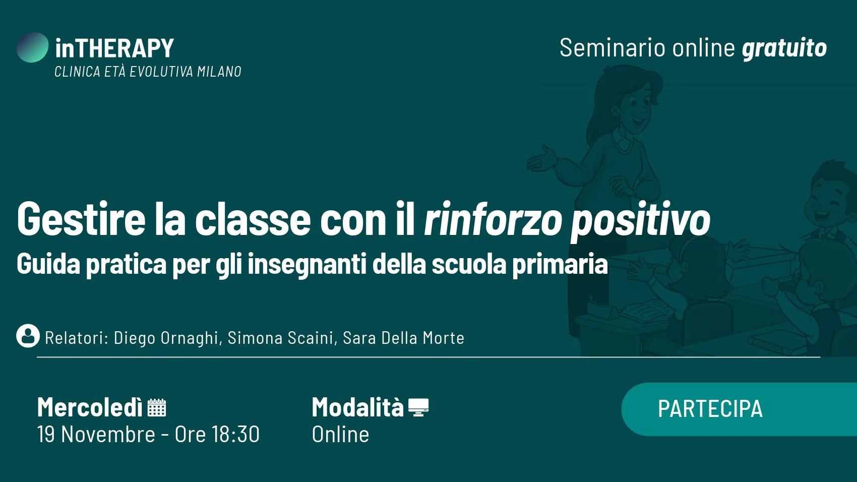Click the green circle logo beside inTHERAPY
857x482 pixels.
(33, 47)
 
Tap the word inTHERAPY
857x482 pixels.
(114, 48)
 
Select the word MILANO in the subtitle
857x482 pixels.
(219, 72)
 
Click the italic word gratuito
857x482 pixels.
(784, 48)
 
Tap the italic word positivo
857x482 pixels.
(640, 221)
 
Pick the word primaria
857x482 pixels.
(560, 264)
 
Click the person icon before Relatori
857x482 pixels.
(28, 336)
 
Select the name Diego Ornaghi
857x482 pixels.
(166, 338)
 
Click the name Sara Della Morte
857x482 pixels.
(404, 338)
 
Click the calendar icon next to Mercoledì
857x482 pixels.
(157, 407)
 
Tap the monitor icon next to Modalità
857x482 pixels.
(418, 407)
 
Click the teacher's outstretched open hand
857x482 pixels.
(541, 157)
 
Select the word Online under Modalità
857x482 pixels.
(340, 434)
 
